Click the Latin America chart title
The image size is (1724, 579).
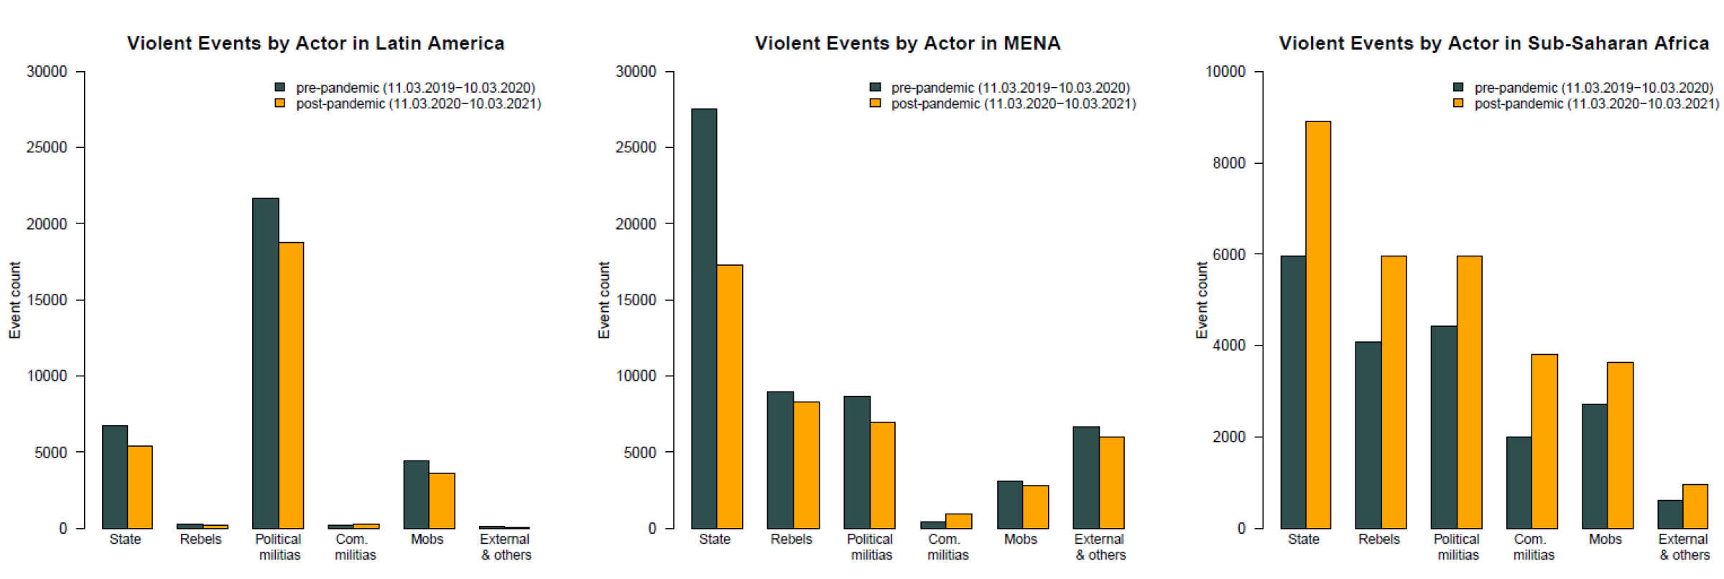point(315,43)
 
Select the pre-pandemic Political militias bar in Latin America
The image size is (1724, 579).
point(265,363)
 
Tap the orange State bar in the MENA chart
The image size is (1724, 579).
point(729,397)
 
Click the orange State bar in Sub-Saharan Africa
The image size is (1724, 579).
point(1317,325)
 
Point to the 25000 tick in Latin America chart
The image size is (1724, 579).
point(47,147)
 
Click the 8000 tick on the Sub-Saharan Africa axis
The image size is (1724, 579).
point(1228,163)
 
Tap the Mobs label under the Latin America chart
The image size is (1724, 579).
point(427,539)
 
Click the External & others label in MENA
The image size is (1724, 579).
point(1100,547)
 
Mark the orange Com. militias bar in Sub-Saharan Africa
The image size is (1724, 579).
point(1544,441)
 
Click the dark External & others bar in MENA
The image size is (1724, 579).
point(1085,478)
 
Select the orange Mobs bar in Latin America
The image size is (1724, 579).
point(442,501)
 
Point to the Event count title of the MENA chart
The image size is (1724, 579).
point(604,300)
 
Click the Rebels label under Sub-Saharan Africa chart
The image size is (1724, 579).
point(1378,539)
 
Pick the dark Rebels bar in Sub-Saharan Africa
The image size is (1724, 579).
point(1368,435)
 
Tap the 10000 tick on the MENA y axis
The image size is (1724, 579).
point(636,376)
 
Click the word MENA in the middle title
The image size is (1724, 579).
point(1032,43)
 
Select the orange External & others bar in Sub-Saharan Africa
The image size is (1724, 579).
point(1695,506)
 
